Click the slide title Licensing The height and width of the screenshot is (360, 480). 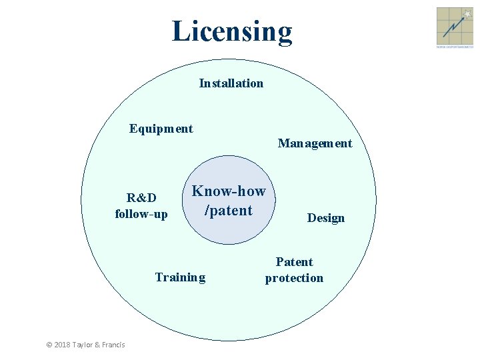231,31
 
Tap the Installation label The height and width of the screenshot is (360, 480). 231,83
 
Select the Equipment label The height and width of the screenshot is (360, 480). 161,129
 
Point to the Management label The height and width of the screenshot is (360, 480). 315,143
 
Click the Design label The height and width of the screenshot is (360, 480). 325,218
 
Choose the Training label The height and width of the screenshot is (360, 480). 180,277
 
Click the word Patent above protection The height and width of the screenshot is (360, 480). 294,262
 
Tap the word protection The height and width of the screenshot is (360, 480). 294,278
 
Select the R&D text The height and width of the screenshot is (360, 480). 141,198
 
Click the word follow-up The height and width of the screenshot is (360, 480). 141,214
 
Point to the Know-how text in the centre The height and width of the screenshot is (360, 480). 229,192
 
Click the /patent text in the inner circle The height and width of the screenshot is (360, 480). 229,211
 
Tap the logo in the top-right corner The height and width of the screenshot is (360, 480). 454,27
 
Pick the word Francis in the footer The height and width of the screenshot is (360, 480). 113,344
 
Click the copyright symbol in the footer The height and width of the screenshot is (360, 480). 49,344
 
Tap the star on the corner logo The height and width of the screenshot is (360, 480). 467,13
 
